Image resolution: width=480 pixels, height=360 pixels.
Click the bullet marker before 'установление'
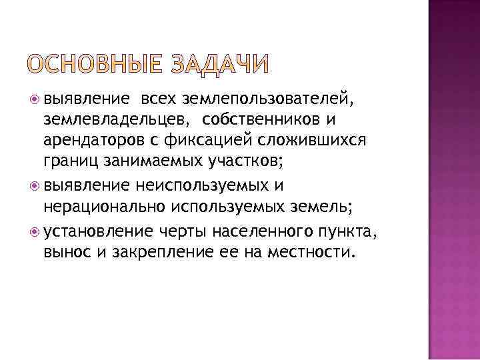[36, 231]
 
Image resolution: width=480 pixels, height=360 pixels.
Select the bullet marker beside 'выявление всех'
[36, 99]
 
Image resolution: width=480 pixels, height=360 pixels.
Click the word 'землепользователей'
[263, 99]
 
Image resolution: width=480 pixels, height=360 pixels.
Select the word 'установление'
[95, 231]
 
